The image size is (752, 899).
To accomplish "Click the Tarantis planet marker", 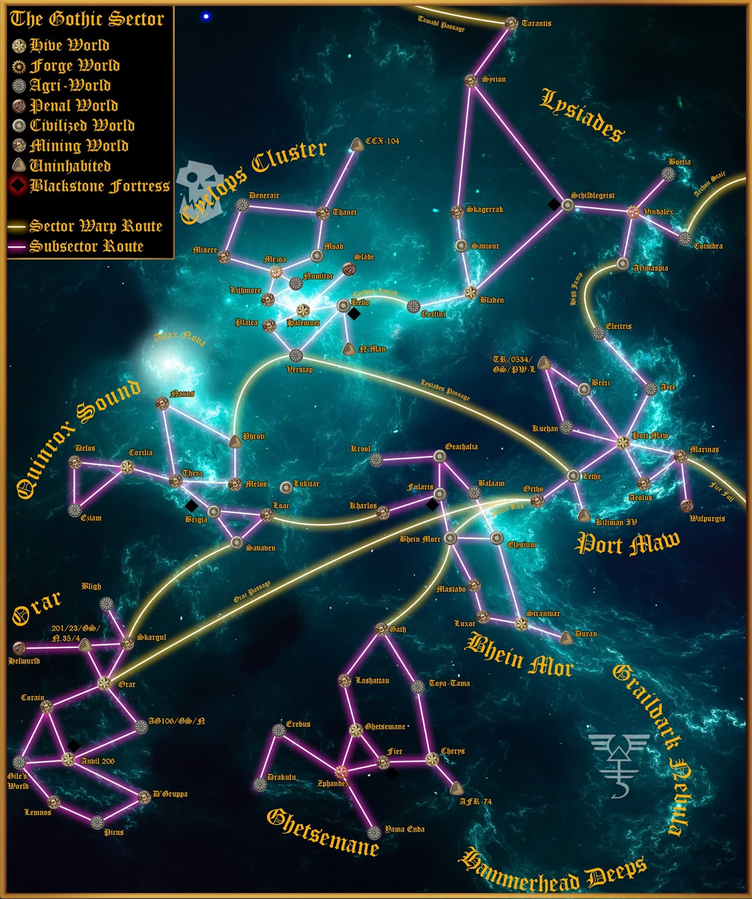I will [x=511, y=24].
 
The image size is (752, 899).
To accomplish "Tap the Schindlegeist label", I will [x=593, y=196].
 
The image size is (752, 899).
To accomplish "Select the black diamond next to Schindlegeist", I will [x=554, y=205].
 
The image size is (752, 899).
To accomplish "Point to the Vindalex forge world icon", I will [x=633, y=212].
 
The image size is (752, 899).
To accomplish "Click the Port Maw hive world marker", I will [x=622, y=442].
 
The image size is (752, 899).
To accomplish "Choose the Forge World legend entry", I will [x=74, y=66].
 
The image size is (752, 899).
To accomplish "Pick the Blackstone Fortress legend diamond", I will [x=19, y=185].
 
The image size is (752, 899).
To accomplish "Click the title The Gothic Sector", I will [x=87, y=19].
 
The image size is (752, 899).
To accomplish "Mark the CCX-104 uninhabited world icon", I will [x=357, y=145].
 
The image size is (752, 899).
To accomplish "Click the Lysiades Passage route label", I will [x=445, y=389].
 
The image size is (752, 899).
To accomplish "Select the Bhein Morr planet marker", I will [x=450, y=538].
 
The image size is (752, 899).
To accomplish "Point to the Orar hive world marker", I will [x=104, y=683].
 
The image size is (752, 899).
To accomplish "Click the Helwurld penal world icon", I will [x=19, y=648].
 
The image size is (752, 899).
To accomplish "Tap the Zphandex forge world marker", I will [x=341, y=771].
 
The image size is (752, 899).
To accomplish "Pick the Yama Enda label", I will [x=404, y=829].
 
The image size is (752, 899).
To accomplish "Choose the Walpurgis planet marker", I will [x=686, y=506].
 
